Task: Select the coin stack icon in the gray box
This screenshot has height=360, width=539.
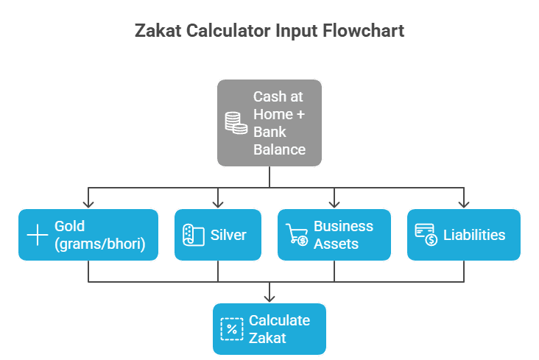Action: tap(236, 123)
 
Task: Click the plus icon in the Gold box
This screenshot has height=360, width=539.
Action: tap(37, 236)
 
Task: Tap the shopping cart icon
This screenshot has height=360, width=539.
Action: tap(296, 236)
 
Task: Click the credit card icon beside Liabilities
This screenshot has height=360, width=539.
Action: tap(426, 236)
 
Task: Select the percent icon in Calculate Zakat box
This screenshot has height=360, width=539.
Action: tap(231, 329)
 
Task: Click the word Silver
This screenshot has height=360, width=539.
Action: tap(228, 236)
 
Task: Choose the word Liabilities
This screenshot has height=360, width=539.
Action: tap(474, 236)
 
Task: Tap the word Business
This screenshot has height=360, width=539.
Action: tap(343, 226)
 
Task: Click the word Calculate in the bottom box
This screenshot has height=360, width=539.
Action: tap(279, 320)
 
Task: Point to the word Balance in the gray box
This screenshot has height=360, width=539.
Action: tap(279, 149)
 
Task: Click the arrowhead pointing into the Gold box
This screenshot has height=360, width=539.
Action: tap(89, 204)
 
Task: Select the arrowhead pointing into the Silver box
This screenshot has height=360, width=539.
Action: tap(218, 204)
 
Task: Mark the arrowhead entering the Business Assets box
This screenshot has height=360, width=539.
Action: tap(334, 204)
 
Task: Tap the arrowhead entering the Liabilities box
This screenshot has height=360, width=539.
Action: tap(463, 204)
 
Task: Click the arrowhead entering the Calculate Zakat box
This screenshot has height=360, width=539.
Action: tap(269, 297)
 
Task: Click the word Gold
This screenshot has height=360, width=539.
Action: tap(70, 226)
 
